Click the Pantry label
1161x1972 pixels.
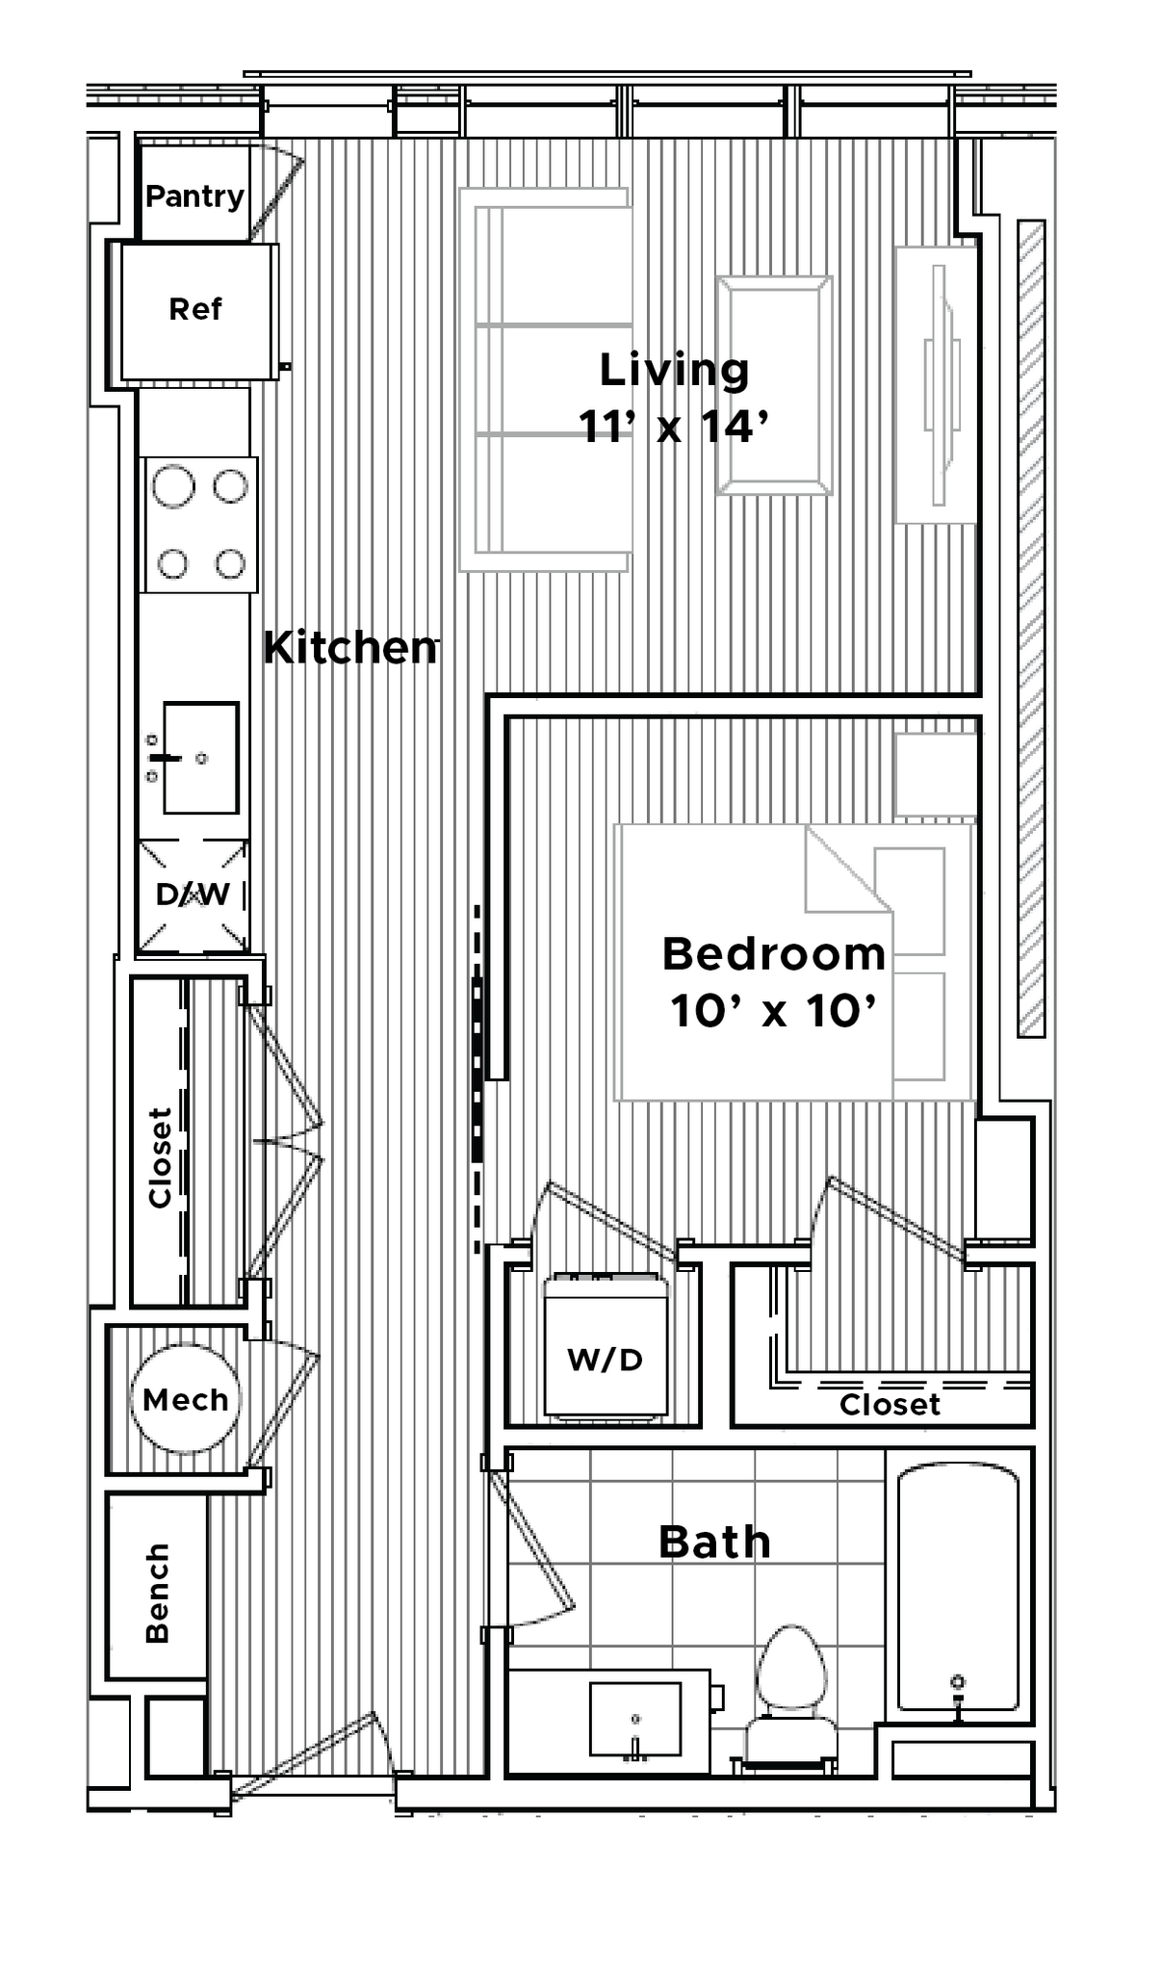click(194, 196)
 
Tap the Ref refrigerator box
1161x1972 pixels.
click(195, 310)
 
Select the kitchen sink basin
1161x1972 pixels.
click(201, 758)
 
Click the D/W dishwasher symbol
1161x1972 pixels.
click(193, 895)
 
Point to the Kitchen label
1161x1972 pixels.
click(350, 648)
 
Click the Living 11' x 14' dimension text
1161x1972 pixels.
click(673, 426)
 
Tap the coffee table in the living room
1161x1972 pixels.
click(774, 385)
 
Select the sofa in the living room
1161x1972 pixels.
click(545, 380)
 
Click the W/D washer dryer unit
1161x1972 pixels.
click(606, 1345)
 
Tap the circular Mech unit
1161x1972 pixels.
click(185, 1398)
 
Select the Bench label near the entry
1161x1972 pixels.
click(157, 1593)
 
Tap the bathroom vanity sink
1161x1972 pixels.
click(634, 1719)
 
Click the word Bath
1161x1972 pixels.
click(714, 1543)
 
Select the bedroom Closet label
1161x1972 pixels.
click(889, 1405)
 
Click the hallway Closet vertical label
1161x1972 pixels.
click(160, 1157)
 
